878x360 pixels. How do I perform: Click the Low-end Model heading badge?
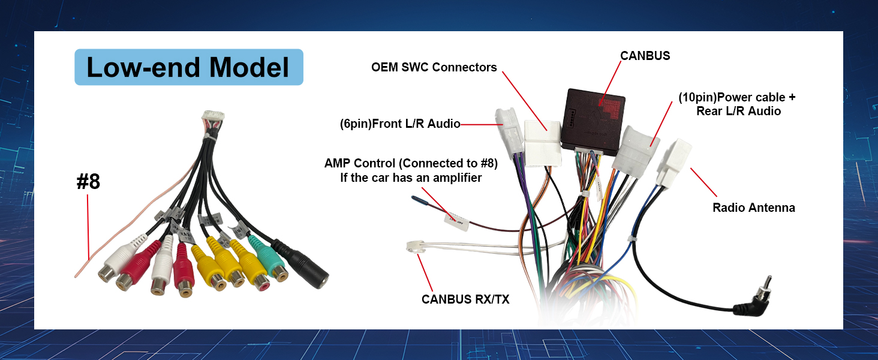coord(188,67)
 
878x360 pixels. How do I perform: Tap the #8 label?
coord(88,182)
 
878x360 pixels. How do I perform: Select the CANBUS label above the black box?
coord(645,56)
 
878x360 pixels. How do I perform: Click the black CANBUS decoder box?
coord(595,118)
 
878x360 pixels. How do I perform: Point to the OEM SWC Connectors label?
coord(434,67)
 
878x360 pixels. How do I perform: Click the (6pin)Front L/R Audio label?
coord(399,124)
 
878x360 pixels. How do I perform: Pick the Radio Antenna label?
coord(753,208)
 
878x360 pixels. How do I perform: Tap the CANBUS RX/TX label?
coord(465,299)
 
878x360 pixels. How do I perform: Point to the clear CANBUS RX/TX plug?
coord(414,247)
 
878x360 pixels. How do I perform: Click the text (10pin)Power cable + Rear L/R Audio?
coord(737,104)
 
